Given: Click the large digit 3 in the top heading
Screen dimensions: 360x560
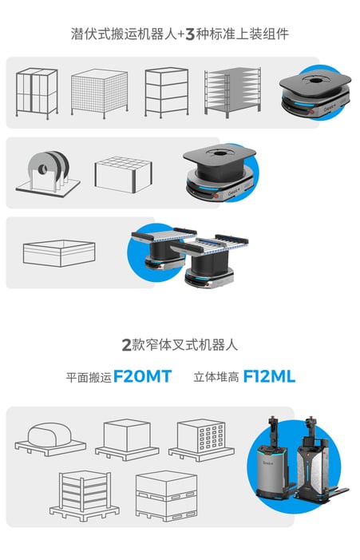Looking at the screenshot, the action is [x=190, y=34].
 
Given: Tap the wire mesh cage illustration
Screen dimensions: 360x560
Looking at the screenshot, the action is [x=99, y=93].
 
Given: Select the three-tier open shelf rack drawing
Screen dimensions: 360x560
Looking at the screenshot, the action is [x=167, y=92].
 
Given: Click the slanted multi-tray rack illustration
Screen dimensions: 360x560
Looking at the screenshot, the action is [x=232, y=92].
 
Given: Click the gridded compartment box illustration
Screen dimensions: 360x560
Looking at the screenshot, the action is [x=124, y=175].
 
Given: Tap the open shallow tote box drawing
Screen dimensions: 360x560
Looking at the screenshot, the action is [x=59, y=253].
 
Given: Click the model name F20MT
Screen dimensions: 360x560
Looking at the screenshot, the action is [x=142, y=376].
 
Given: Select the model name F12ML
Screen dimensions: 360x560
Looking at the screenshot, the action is [x=269, y=376].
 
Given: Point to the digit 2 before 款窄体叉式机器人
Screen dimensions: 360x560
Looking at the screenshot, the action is [x=127, y=345].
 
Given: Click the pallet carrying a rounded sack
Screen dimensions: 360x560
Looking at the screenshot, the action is [x=50, y=439].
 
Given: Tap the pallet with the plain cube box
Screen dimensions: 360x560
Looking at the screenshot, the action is [x=127, y=439].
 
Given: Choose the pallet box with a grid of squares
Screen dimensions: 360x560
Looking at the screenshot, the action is [x=202, y=439].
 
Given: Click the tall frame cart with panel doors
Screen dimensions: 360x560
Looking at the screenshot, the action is [x=37, y=93].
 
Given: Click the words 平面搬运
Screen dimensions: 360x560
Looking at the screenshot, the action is [x=89, y=378].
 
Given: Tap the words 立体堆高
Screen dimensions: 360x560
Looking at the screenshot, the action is [x=216, y=377].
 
